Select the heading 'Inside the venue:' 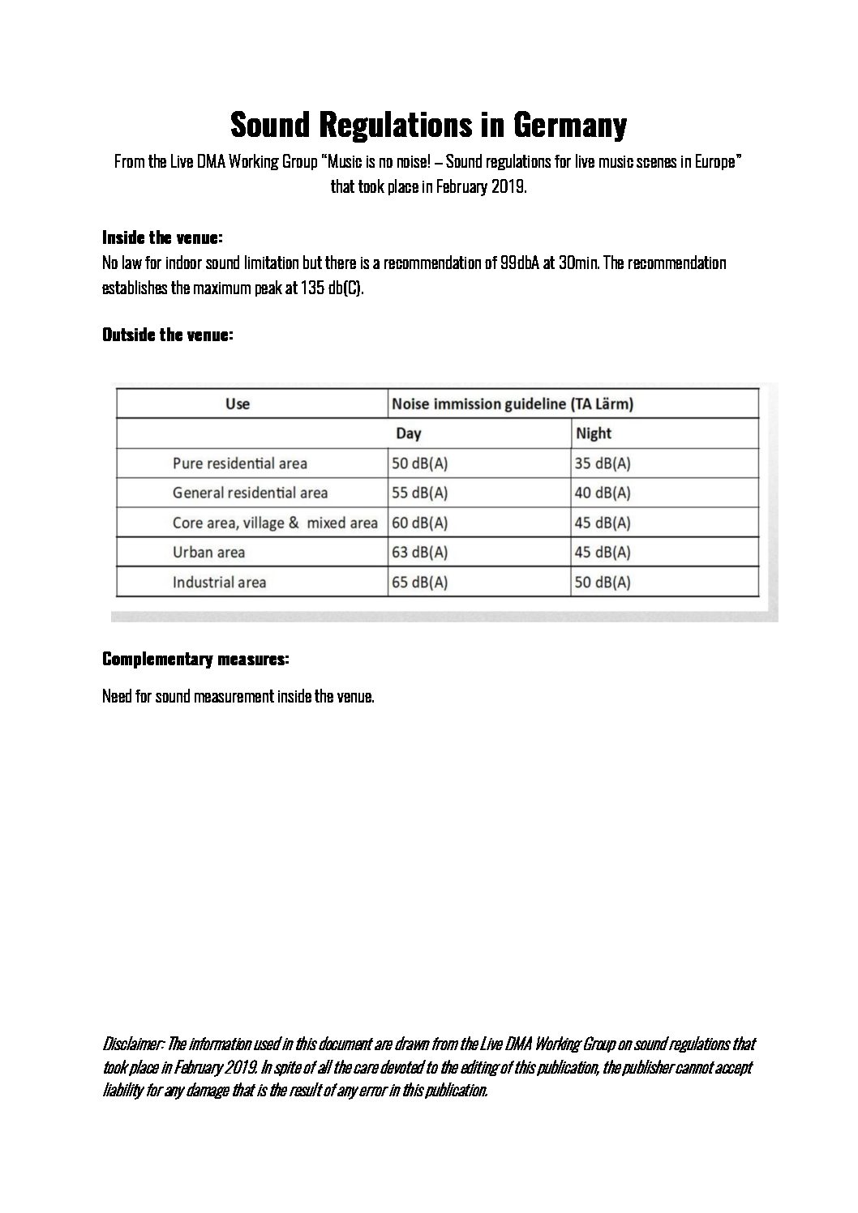(x=162, y=237)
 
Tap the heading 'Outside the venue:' (x=168, y=335)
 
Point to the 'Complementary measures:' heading (x=195, y=660)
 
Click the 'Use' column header (x=238, y=404)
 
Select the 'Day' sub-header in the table (x=409, y=434)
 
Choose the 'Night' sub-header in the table (x=593, y=434)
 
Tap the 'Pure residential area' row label (x=240, y=463)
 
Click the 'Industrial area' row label (x=219, y=582)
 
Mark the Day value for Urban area (x=419, y=553)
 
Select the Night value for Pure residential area (x=603, y=463)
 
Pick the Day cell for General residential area (x=419, y=493)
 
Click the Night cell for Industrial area (x=603, y=582)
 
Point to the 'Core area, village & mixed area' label (x=275, y=523)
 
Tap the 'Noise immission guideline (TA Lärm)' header (x=513, y=404)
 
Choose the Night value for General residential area (x=603, y=493)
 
